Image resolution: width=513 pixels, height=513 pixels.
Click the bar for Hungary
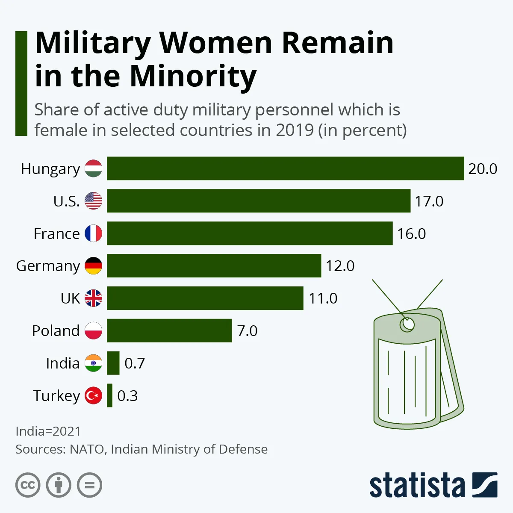coord(285,168)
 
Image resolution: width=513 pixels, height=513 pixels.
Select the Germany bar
coord(214,265)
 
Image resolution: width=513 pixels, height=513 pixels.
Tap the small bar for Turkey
coord(110,395)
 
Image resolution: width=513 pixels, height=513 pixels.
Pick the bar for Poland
coord(169,330)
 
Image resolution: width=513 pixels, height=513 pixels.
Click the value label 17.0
coord(429,201)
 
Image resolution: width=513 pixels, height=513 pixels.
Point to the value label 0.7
coord(135,363)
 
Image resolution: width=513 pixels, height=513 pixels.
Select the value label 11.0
coord(323,298)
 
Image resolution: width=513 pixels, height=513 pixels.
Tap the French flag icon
coord(93,233)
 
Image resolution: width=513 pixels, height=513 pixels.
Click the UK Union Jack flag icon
coord(93,298)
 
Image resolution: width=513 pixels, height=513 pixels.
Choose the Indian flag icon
coord(93,363)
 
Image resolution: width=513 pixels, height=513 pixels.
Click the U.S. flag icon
coord(93,201)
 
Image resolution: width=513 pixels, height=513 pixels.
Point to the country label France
coord(56,234)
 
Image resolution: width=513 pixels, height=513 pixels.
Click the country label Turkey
coord(56,396)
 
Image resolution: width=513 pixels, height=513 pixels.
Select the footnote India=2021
coord(48,431)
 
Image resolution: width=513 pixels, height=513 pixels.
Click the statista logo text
coord(417,485)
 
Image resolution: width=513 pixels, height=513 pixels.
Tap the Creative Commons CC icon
coord(28,485)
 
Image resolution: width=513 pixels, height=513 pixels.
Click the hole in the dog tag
coord(407,324)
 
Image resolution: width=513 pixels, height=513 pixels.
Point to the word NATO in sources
coord(87,449)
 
